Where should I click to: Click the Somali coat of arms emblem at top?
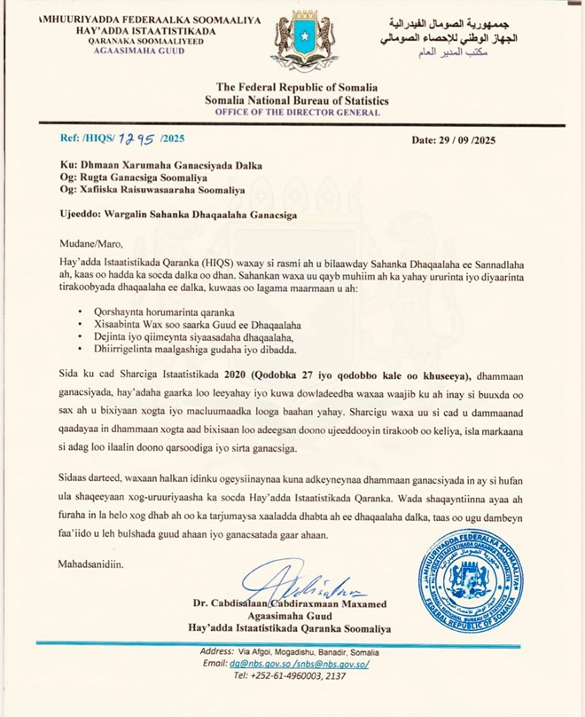coord(304,42)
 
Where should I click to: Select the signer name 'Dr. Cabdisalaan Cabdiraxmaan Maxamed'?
coord(291,605)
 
